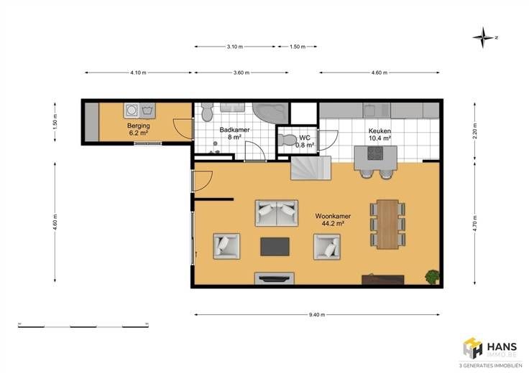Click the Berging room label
(138, 129)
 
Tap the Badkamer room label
(234, 133)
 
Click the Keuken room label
(379, 134)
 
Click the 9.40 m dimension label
(317, 315)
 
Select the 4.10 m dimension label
(138, 72)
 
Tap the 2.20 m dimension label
(474, 132)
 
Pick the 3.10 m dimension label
(234, 47)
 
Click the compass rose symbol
(483, 37)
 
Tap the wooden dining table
(387, 225)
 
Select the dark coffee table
(275, 247)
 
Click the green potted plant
(432, 278)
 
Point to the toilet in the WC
(287, 140)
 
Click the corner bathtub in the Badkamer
(271, 113)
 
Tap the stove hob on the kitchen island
(375, 153)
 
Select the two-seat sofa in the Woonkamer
(277, 213)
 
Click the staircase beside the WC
(310, 168)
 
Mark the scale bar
(83, 326)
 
